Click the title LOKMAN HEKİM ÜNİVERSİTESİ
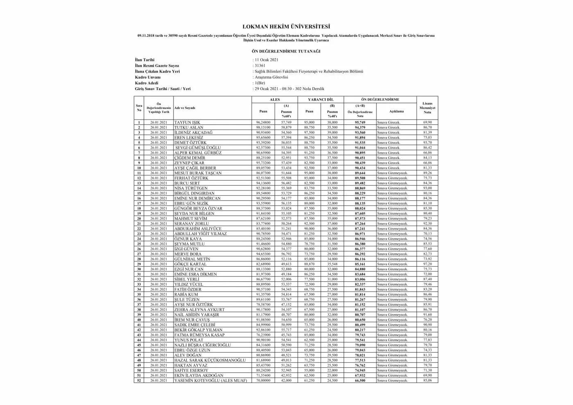(x=286, y=27)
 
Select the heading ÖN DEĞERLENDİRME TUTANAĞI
(x=286, y=51)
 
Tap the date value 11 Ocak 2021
(x=266, y=60)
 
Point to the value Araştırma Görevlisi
(x=271, y=77)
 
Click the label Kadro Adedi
(x=147, y=83)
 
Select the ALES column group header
(x=275, y=100)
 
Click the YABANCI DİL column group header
(x=321, y=100)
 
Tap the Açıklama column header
(x=396, y=111)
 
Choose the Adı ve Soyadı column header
(x=185, y=108)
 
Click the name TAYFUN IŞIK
(x=187, y=122)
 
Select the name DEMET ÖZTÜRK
(x=190, y=143)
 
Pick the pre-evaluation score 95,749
(x=360, y=122)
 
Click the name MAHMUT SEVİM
(x=191, y=218)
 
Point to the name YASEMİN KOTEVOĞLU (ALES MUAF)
(x=211, y=380)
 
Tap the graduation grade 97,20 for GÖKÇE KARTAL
(x=427, y=264)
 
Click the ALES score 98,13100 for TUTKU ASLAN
(x=263, y=127)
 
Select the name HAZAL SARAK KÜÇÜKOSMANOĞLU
(x=210, y=360)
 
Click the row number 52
(x=139, y=380)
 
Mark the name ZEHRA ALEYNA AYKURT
(x=199, y=310)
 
